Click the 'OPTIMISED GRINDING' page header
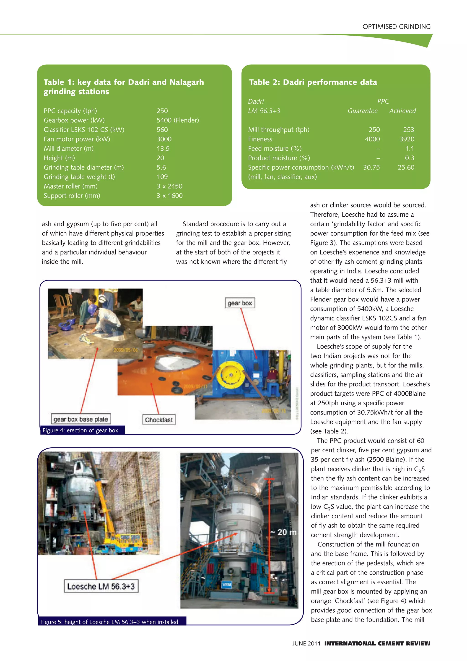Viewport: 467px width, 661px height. coord(396,27)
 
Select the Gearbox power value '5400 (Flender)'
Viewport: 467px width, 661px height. coord(177,120)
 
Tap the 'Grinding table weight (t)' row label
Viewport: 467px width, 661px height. coord(79,177)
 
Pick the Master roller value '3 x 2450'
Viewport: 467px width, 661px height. coord(169,186)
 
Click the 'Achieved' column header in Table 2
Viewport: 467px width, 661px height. coord(402,111)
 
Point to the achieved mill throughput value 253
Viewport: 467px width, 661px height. coord(408,130)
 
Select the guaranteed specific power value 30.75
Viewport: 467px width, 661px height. coord(371,168)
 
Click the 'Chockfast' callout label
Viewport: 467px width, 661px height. coord(159,420)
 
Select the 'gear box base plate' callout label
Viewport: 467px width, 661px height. coord(81,419)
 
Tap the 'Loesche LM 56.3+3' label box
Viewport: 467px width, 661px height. coord(101,586)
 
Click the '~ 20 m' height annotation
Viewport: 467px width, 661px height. coord(283,532)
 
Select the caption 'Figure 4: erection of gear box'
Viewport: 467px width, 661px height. coord(80,430)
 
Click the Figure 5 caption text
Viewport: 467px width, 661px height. coord(109,622)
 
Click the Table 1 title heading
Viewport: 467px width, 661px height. coord(124,87)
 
